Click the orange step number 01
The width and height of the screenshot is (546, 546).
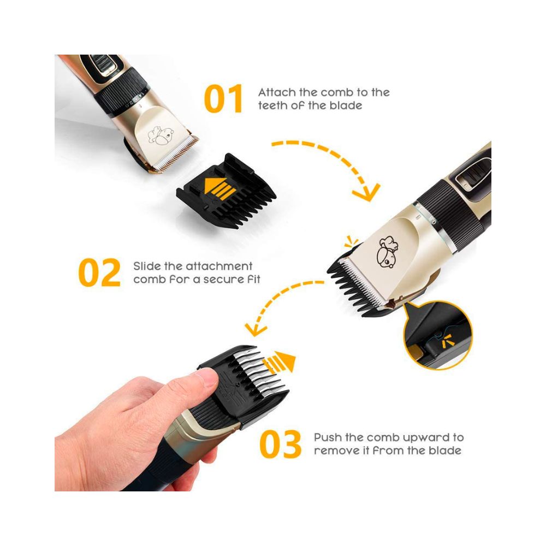tap(223, 98)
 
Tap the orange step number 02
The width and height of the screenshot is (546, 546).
tap(99, 272)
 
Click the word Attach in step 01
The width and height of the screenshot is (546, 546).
tap(277, 92)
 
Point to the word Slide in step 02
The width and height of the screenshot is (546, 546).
tap(147, 266)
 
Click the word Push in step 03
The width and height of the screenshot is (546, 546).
tap(328, 437)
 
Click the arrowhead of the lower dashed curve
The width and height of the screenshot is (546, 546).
tap(254, 329)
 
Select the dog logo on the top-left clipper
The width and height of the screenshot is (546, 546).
tap(160, 135)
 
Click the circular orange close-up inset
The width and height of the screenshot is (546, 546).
tap(438, 335)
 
